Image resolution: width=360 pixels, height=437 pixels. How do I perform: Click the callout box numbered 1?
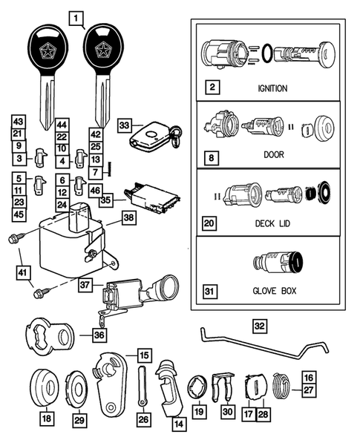pyautogui.click(x=75, y=16)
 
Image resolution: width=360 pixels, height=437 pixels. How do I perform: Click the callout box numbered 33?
pyautogui.click(x=125, y=126)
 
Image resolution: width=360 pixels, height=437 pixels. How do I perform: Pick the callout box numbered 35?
pyautogui.click(x=106, y=200)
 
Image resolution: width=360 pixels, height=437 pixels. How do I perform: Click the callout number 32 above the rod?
pyautogui.click(x=258, y=324)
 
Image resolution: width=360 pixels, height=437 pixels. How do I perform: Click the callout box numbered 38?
pyautogui.click(x=128, y=219)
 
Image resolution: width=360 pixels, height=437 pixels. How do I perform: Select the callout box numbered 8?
pyautogui.click(x=212, y=159)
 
